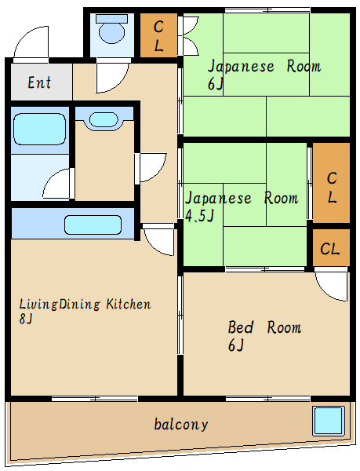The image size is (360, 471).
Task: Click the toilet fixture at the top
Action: (x=112, y=32)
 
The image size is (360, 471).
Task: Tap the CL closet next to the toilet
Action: (x=158, y=35)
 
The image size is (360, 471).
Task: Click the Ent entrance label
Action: (x=41, y=82)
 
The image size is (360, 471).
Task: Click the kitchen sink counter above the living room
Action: (x=93, y=224)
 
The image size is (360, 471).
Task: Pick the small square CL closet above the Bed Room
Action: (x=331, y=249)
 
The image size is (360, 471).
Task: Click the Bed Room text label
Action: (x=264, y=327)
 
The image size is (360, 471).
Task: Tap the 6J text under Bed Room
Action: (x=236, y=346)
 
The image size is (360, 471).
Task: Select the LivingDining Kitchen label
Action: (x=85, y=305)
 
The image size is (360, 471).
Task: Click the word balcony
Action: (x=181, y=425)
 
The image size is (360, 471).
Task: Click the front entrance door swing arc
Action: (x=33, y=43)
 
